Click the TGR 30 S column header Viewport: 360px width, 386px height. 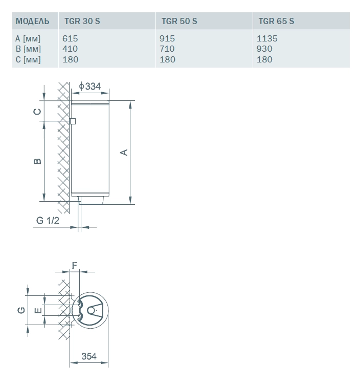82,21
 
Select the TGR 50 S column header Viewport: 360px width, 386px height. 179,21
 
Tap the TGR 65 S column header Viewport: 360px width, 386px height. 276,21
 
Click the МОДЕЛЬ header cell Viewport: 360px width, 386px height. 32,21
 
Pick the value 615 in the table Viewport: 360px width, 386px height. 70,38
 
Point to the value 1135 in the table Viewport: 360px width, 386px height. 267,38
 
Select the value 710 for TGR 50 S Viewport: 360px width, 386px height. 167,49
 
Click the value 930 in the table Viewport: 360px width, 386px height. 264,49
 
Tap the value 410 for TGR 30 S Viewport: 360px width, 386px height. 70,49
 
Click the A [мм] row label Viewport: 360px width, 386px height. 28,39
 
